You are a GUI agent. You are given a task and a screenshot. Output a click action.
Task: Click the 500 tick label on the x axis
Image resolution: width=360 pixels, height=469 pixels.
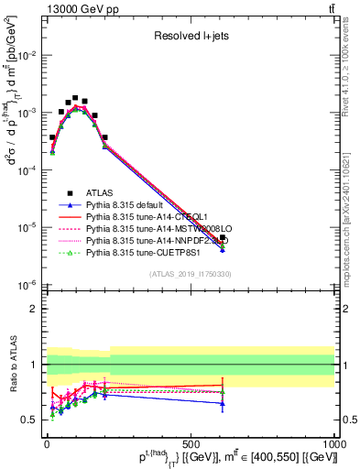click(191, 442)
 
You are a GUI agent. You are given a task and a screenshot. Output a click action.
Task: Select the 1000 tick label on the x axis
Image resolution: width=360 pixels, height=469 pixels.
click(333, 442)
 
